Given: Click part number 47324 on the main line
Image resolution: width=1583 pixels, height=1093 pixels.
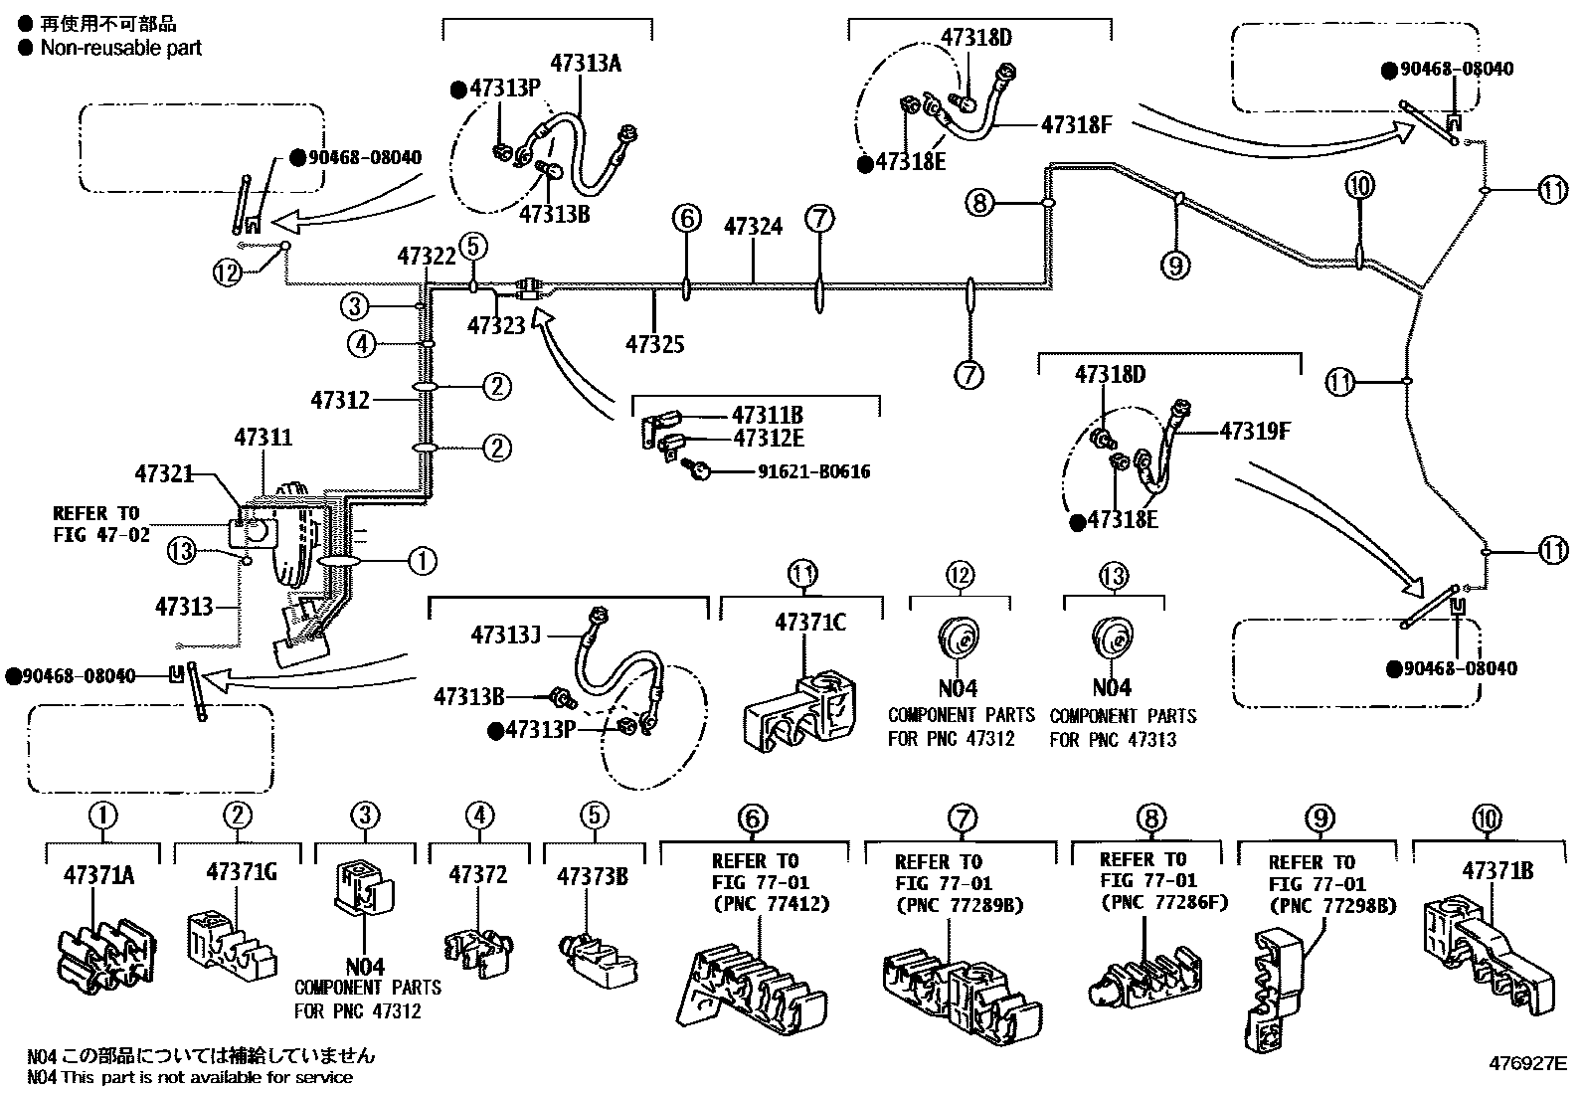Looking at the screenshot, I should point(753,227).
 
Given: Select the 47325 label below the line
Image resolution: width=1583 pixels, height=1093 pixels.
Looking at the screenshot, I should point(654,345).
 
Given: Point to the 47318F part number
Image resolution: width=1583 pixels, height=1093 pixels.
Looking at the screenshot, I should point(1077,124).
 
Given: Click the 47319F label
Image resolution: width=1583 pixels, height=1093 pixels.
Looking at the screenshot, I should point(1256,431).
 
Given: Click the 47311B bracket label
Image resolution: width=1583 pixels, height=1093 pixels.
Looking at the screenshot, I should point(768,416).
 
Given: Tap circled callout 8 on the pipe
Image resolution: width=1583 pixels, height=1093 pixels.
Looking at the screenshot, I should point(979,203).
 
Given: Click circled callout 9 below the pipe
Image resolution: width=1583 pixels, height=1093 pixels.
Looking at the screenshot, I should point(1174,265).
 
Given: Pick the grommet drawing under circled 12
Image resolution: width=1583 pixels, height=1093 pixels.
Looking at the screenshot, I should point(959,639).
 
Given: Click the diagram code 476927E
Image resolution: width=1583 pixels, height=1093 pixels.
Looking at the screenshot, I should point(1527,1063).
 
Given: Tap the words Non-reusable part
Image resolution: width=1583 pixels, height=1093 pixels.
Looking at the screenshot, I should point(120,48).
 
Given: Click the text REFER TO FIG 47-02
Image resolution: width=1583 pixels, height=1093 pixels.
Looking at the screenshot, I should point(99,524).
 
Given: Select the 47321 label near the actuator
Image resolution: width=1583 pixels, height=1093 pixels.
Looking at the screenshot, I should point(164,475).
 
